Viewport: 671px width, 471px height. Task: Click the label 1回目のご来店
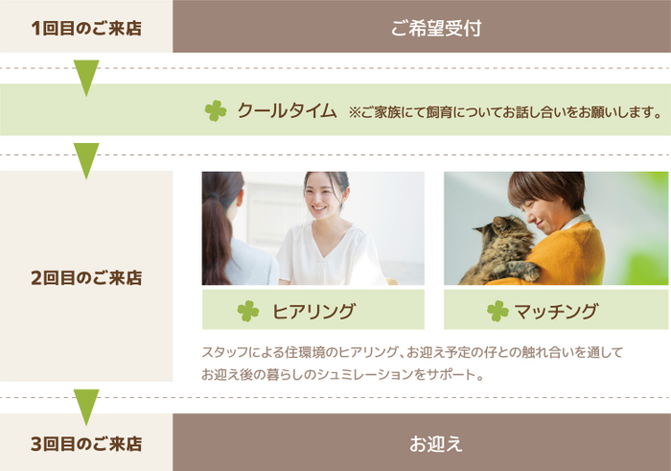point(86,28)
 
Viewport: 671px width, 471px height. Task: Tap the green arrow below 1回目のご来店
point(86,77)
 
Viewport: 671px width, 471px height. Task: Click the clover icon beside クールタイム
point(216,111)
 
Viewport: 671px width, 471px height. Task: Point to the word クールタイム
point(287,111)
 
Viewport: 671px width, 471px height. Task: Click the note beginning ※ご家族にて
point(504,112)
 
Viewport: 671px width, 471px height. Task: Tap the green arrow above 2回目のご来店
point(86,159)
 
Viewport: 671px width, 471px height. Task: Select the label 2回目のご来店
point(86,278)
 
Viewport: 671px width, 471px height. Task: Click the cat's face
point(498,234)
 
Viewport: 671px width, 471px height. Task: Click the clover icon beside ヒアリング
point(248,311)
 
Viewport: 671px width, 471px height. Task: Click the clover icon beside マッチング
point(497,311)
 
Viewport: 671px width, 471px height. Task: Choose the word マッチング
point(556,311)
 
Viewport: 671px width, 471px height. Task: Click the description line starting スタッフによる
point(412,353)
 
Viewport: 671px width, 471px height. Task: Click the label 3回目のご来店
point(86,444)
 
